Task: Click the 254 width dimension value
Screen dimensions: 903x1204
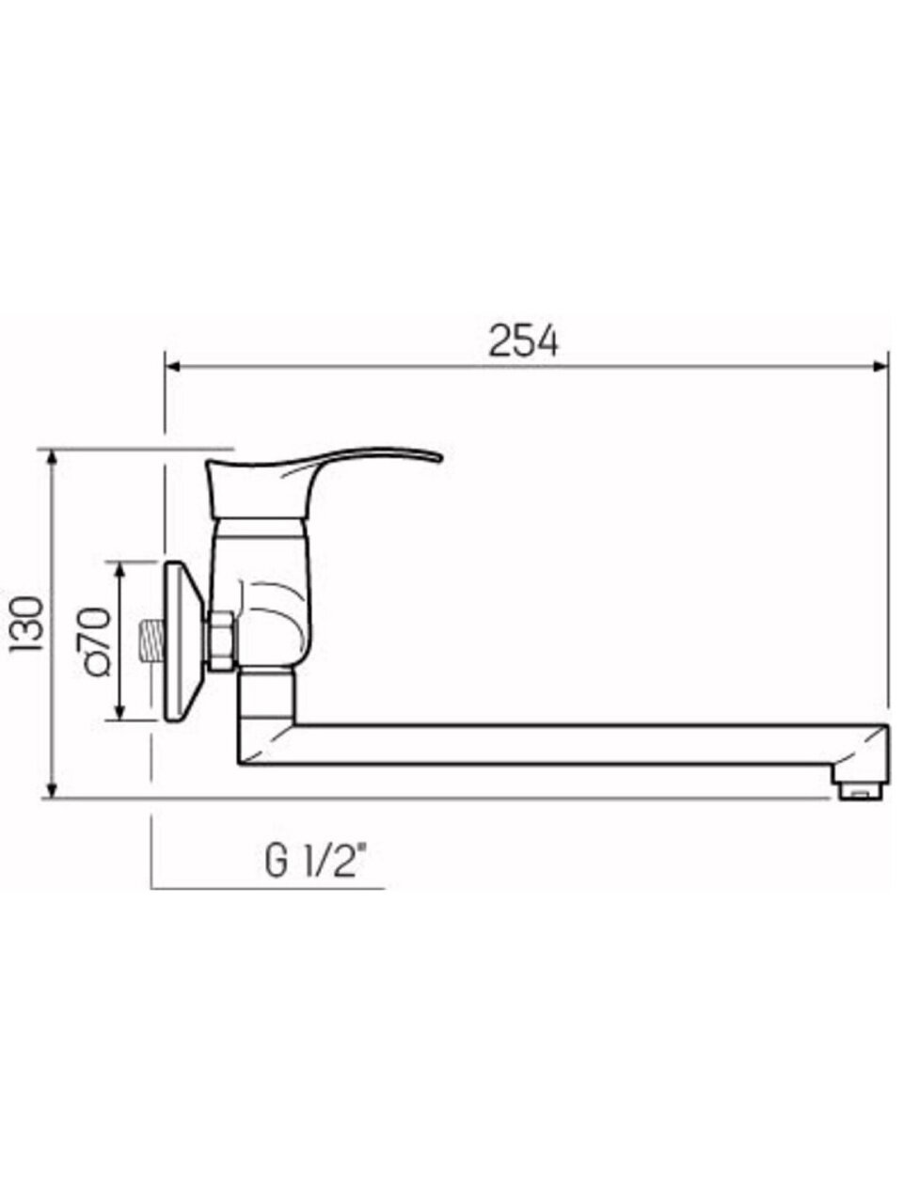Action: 523,341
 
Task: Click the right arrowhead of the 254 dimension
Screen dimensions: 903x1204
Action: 880,366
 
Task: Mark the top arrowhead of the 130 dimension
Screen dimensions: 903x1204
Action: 52,459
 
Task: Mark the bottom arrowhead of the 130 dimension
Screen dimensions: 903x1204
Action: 52,790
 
